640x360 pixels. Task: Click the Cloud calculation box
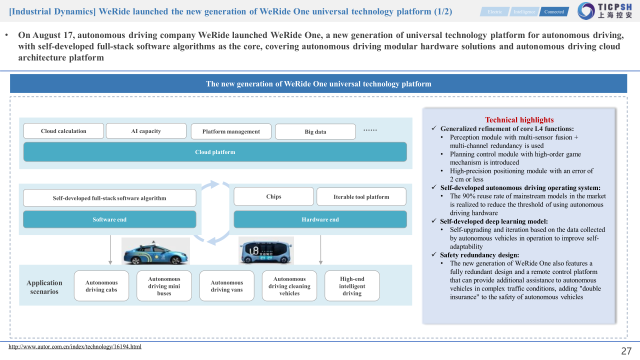coord(63,131)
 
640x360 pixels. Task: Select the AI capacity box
coord(146,131)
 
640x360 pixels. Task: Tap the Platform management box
coord(231,131)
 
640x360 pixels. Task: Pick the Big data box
coord(315,131)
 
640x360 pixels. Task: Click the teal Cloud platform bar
coord(215,152)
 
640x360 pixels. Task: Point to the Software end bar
coord(109,219)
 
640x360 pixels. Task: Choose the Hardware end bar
coord(320,219)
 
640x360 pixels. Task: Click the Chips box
coord(273,196)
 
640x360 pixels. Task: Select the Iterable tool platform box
coord(361,197)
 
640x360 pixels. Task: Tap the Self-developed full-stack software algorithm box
coord(109,198)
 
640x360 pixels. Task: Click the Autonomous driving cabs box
coord(101,286)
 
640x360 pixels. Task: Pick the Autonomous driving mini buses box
coord(164,286)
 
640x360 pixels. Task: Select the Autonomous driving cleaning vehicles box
coord(289,286)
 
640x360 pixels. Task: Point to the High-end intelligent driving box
coord(352,286)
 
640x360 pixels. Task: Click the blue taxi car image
coord(155,251)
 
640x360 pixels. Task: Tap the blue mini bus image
coord(265,251)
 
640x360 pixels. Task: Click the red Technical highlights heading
coord(519,120)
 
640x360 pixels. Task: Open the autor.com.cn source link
coord(75,346)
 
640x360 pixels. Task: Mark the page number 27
coord(626,351)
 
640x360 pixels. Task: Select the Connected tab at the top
coord(554,11)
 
